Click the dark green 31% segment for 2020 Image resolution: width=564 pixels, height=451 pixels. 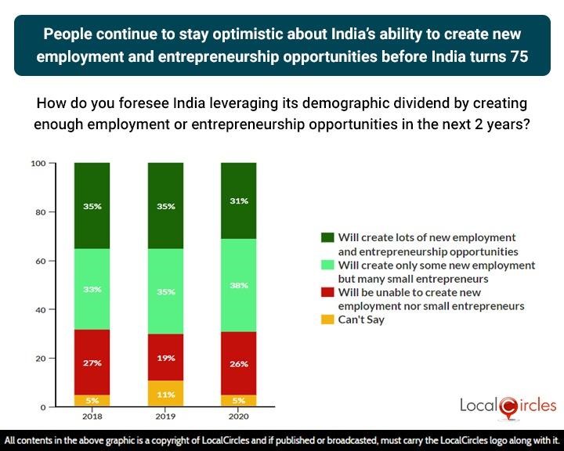click(239, 201)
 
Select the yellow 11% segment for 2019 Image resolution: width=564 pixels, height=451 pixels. click(165, 393)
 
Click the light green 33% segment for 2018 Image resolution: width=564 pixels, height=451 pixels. click(92, 289)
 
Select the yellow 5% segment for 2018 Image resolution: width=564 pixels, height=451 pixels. click(92, 401)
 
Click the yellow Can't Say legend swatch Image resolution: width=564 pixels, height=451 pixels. click(327, 319)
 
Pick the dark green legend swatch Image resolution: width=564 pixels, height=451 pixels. click(327, 237)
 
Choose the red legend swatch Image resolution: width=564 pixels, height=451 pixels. click(327, 293)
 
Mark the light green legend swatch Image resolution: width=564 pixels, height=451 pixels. click(327, 265)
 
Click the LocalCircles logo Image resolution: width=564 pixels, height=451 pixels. click(507, 404)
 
